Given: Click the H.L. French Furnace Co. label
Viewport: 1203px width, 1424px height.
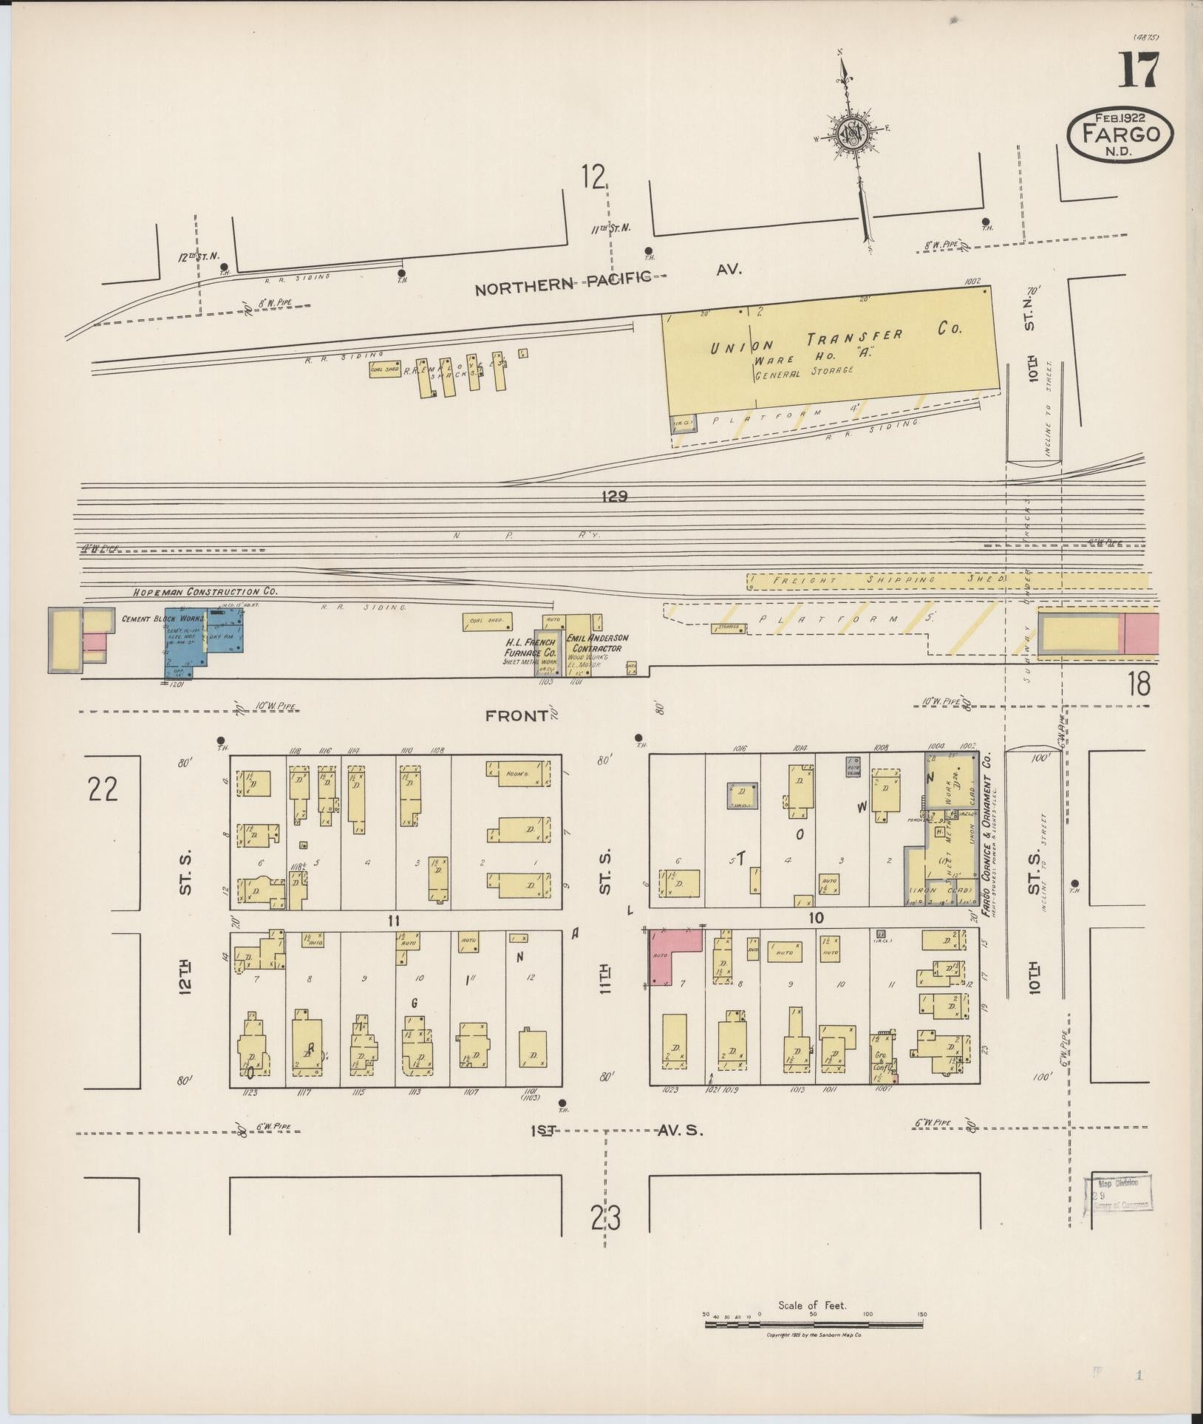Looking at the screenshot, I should [x=529, y=647].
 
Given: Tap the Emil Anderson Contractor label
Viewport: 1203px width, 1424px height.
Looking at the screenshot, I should [x=597, y=643].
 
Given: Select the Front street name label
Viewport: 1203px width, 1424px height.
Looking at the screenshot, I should [x=517, y=715].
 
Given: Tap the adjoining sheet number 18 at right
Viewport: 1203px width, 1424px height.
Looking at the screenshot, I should [x=1139, y=684].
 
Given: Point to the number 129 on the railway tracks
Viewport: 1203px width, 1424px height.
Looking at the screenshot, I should [x=614, y=497].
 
